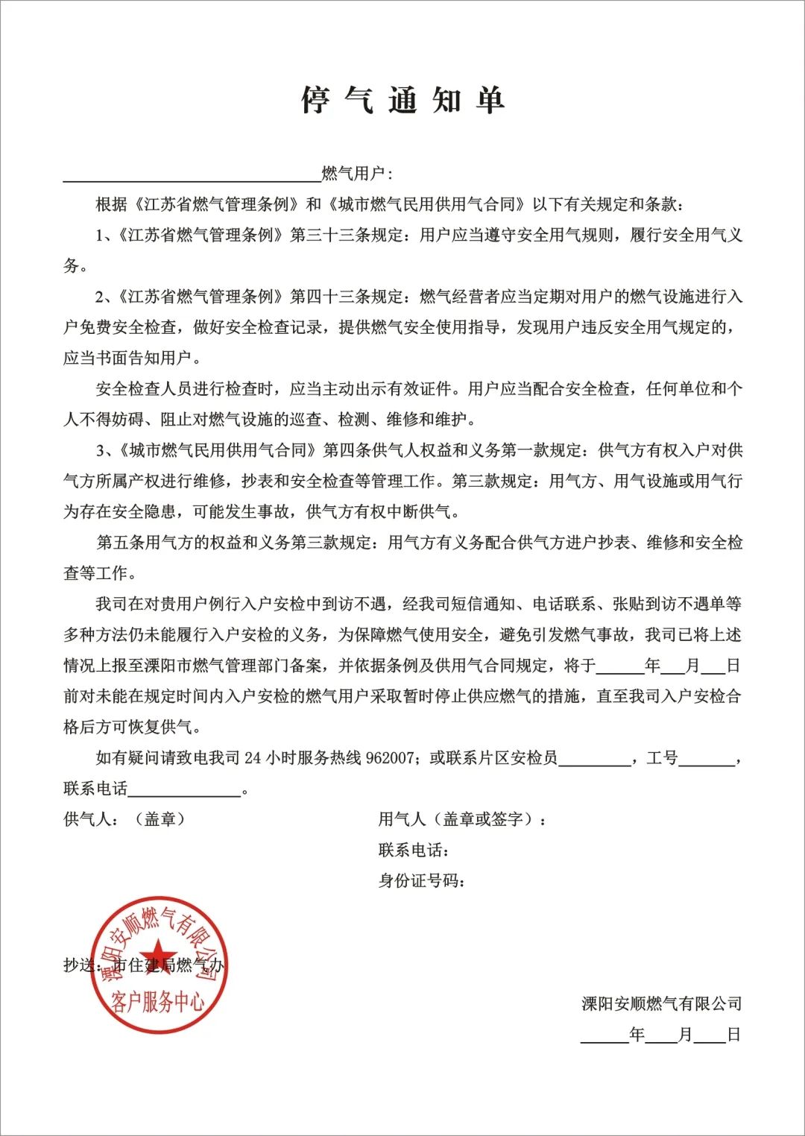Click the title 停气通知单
403,100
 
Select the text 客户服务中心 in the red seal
158,1000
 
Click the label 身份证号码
421,881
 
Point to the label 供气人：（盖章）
124,819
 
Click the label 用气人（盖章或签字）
461,819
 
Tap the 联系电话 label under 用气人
413,850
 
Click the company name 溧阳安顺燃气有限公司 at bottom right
661,1003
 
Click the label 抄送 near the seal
80,965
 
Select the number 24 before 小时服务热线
253,758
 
